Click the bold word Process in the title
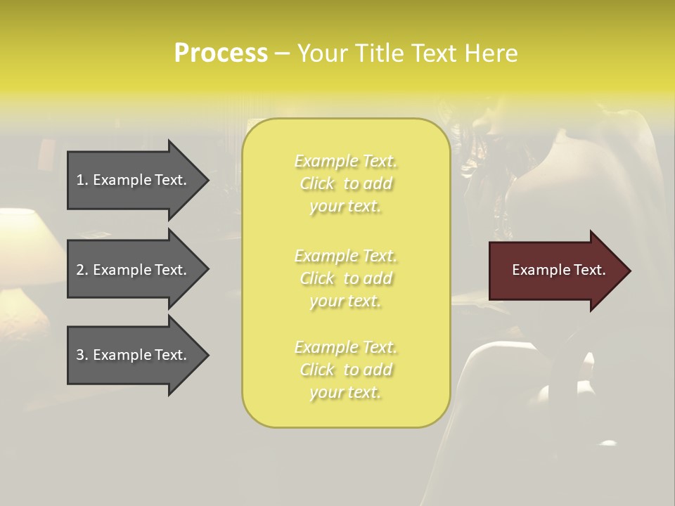tap(221, 53)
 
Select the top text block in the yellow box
tap(345, 183)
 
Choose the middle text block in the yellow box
tap(345, 278)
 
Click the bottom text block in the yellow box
tap(345, 370)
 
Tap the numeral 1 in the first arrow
tap(80, 180)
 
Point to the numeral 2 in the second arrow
tap(80, 270)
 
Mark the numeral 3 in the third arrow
tap(80, 355)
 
